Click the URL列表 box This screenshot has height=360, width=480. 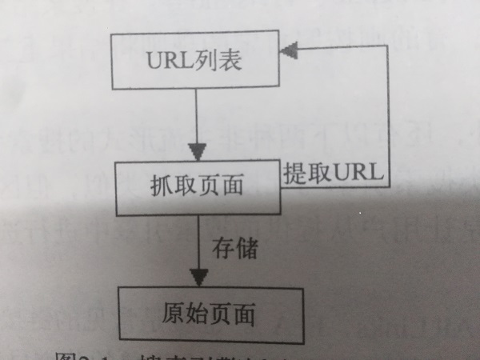[x=195, y=62]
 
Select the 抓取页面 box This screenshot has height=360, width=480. [x=195, y=186]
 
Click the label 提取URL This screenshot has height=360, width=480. [x=334, y=173]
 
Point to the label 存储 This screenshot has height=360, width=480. [x=234, y=247]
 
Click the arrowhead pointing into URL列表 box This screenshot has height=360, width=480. [x=288, y=50]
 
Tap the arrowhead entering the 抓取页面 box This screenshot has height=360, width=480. [x=198, y=151]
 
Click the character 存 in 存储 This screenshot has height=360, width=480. [x=223, y=247]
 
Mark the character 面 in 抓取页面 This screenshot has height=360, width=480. [x=232, y=187]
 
